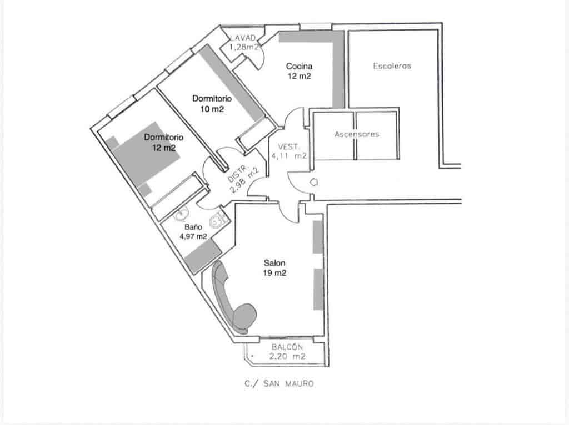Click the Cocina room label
pos(298,71)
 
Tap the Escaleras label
pos(392,65)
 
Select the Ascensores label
pos(356,134)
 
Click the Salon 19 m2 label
pos(275,268)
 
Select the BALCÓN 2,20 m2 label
pos(287,352)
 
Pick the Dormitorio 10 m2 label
pos(212,104)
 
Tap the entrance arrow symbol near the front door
pos(313,181)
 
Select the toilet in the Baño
pos(216,222)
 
